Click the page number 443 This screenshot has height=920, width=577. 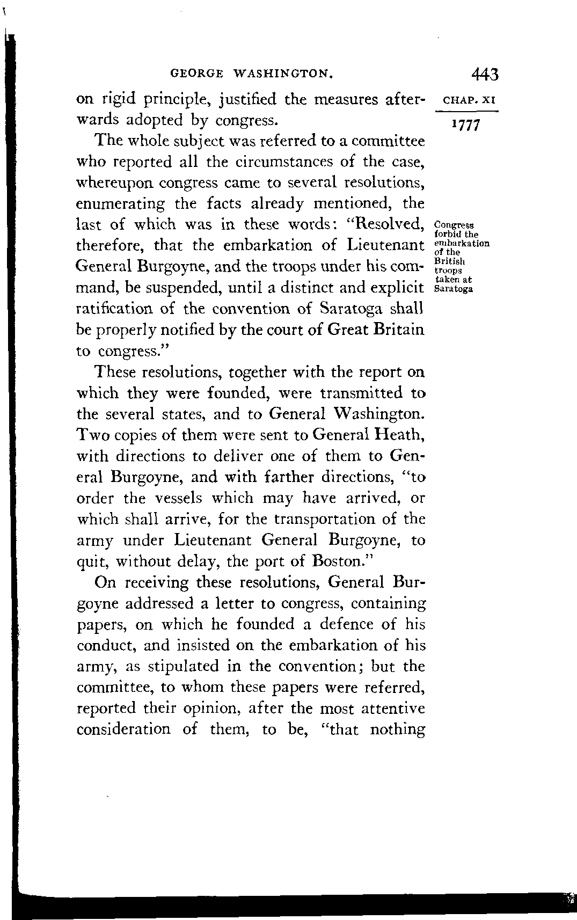486,73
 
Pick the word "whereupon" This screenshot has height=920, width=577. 117,183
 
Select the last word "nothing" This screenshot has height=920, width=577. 398,730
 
